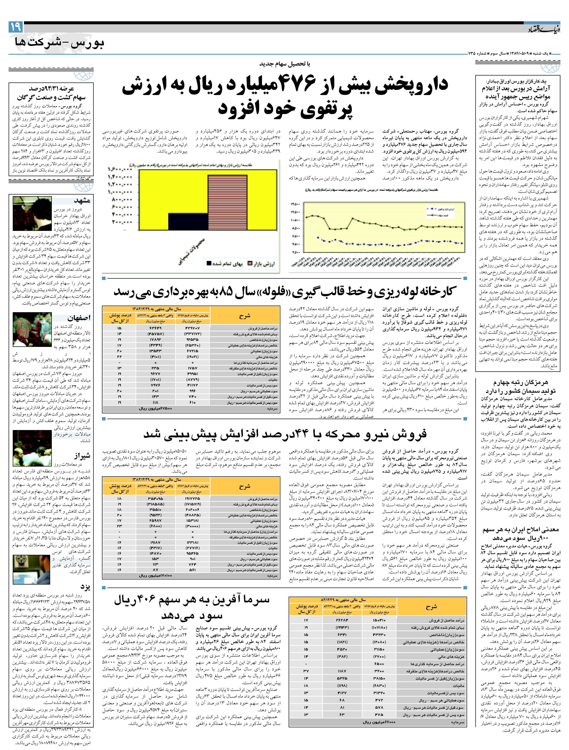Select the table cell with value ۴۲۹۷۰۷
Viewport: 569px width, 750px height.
[192, 328]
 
